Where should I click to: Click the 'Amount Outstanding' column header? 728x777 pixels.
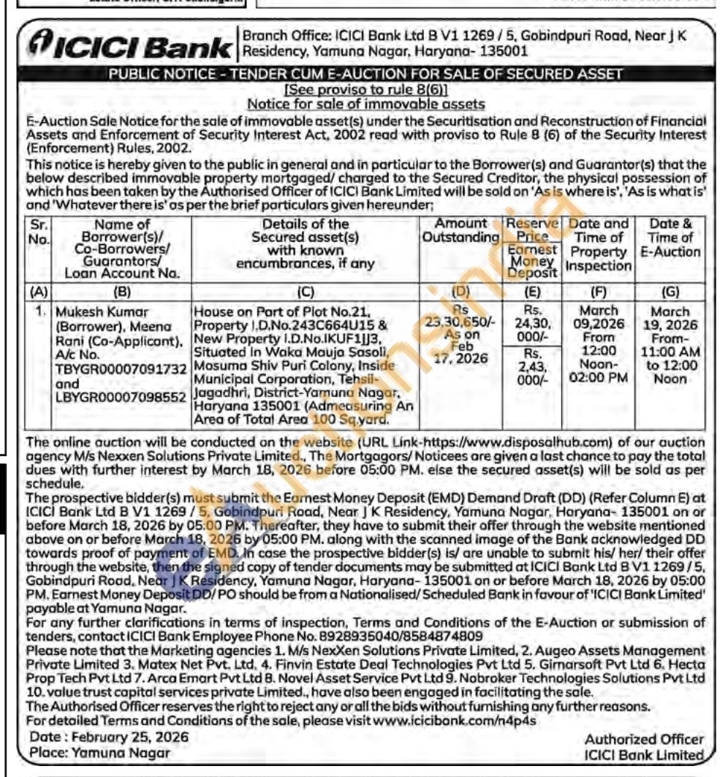coord(460,230)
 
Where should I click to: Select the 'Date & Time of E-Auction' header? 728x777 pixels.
coord(670,238)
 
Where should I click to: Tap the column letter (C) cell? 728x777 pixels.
coord(306,292)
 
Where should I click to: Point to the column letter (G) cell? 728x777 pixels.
coord(670,292)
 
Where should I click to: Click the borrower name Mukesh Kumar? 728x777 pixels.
coord(93,311)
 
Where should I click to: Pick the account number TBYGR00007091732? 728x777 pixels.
coord(121,369)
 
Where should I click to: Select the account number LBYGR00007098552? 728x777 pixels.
coord(121,398)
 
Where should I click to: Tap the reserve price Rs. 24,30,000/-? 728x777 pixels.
coord(532,322)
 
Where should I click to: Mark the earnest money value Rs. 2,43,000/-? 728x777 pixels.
coord(532,368)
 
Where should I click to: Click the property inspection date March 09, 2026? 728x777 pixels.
coord(598,317)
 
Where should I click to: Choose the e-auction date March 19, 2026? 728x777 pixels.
coord(670,317)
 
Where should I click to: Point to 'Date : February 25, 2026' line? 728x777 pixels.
coord(109,737)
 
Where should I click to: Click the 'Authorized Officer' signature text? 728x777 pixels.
coord(644,740)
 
